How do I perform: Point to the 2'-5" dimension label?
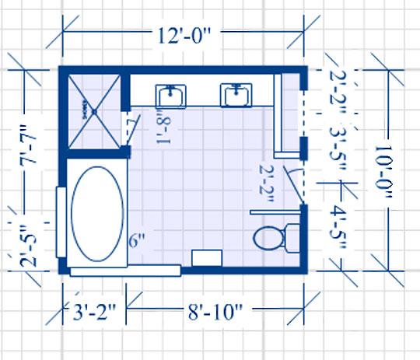(29, 247)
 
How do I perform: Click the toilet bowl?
(266, 237)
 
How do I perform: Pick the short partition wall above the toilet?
(275, 210)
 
